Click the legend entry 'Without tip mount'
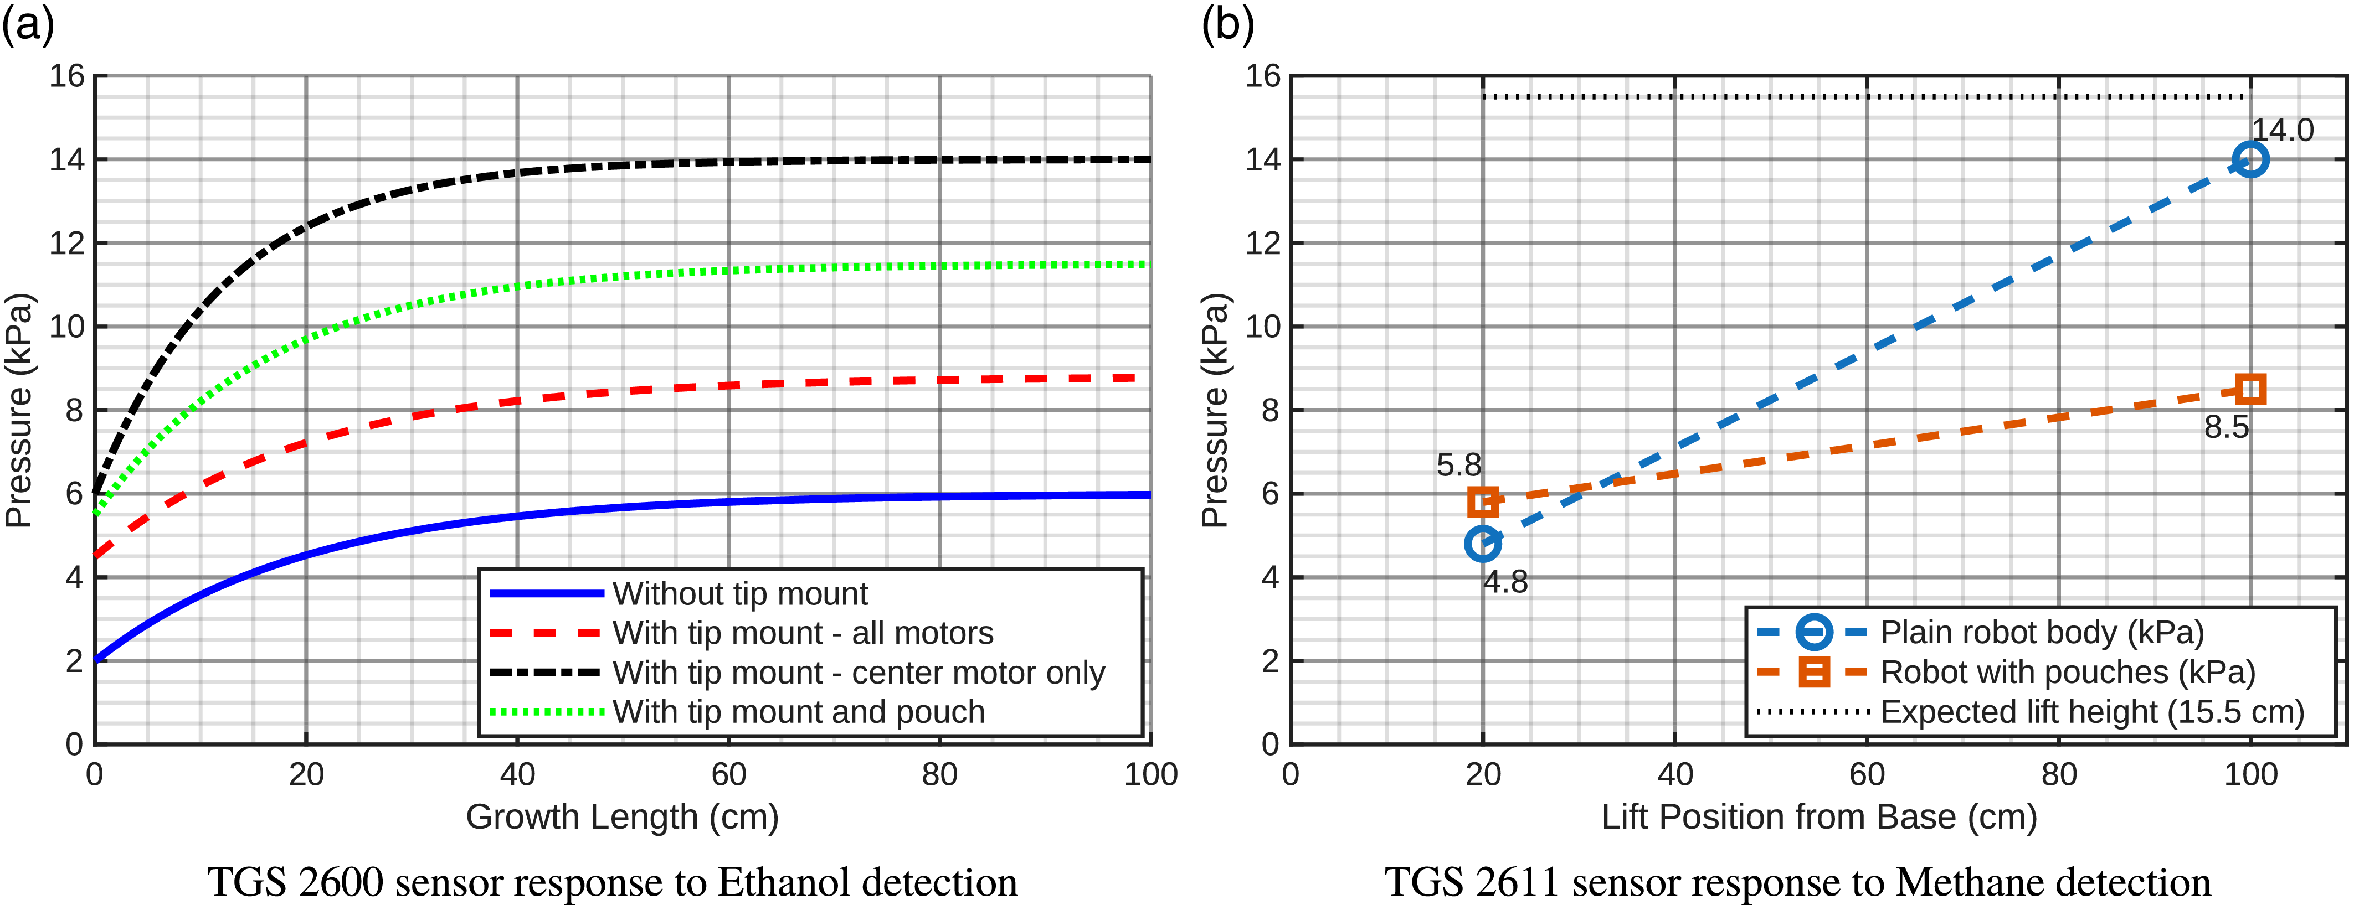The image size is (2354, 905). (739, 593)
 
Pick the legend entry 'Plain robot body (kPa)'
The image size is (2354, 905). (2042, 632)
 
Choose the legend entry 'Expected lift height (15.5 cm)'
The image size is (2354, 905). (2091, 711)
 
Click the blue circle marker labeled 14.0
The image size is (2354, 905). (2250, 160)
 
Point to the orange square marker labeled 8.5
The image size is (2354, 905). (2250, 389)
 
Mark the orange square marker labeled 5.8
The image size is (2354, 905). (1482, 501)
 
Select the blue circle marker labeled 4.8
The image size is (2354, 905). (1482, 544)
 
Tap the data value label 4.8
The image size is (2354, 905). (1505, 582)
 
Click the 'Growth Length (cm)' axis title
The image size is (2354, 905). (623, 816)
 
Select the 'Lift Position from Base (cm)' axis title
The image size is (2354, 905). (1818, 816)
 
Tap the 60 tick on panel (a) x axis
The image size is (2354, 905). (728, 774)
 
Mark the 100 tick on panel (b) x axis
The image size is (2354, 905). (2250, 774)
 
